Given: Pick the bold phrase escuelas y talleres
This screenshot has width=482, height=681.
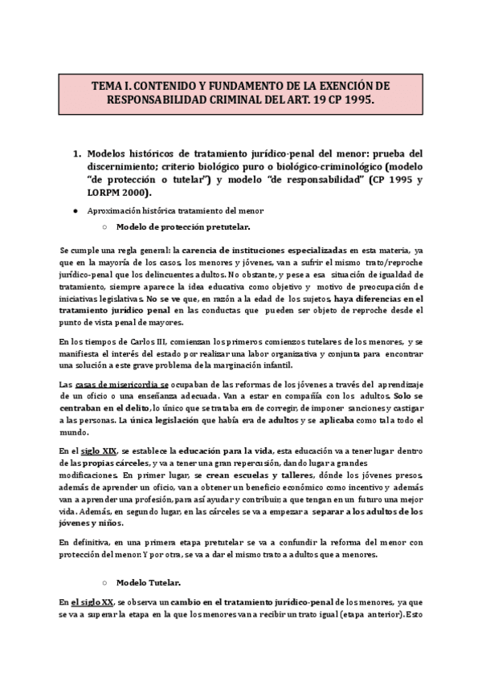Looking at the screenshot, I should click(x=259, y=475).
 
